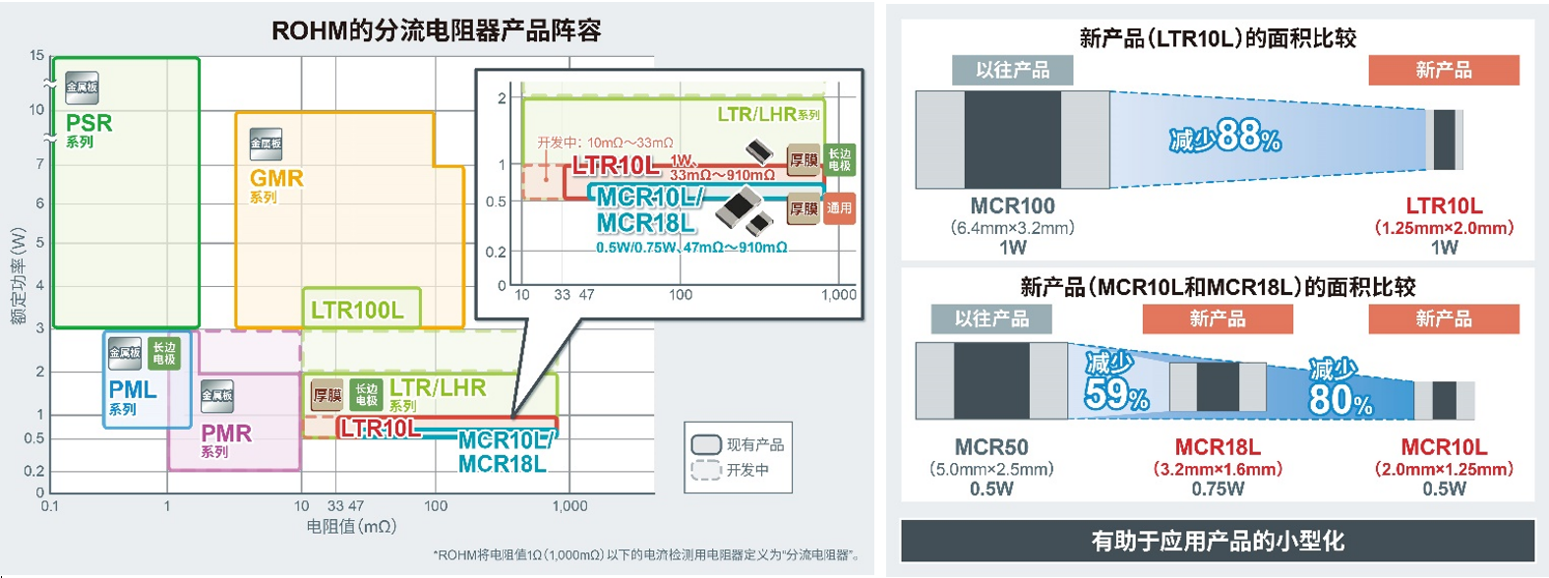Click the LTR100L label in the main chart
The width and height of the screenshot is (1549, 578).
[x=357, y=311]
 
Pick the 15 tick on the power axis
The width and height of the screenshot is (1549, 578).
[x=37, y=55]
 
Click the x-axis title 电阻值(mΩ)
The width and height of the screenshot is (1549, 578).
[x=351, y=527]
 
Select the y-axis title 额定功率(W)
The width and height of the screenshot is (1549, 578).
[x=18, y=276]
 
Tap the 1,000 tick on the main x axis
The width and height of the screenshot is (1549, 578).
[x=569, y=506]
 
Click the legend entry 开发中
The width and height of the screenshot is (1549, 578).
[x=747, y=470]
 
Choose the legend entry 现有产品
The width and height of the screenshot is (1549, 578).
[x=754, y=444]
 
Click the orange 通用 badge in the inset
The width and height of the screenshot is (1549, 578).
[x=839, y=208]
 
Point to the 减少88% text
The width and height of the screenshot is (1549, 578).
[x=1225, y=137]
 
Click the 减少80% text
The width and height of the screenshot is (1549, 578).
[x=1339, y=389]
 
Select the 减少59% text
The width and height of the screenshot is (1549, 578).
[x=1115, y=382]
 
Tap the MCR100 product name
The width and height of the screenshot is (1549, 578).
[x=1012, y=206]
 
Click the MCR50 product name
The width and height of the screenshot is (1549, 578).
[x=991, y=447]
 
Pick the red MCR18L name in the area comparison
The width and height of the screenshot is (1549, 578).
[x=1218, y=447]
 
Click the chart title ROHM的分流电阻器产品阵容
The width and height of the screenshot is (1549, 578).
[x=436, y=31]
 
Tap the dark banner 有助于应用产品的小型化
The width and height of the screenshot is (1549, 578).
[x=1218, y=541]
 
